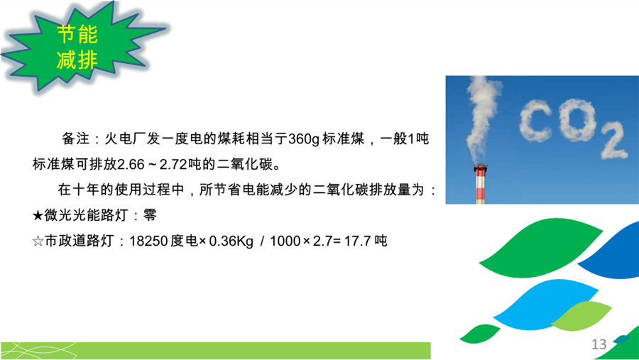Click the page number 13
tap(599, 344)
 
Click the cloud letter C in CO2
tap(536, 121)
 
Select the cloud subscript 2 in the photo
tap(613, 140)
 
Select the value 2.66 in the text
tap(131, 164)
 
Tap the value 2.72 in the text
tap(173, 164)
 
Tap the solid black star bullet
tap(38, 215)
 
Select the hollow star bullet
tap(38, 241)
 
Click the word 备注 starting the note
tap(75, 139)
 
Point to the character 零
tap(150, 215)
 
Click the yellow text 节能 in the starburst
tap(77, 34)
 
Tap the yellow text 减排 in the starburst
tap(77, 60)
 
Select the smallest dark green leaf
tap(479, 333)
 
